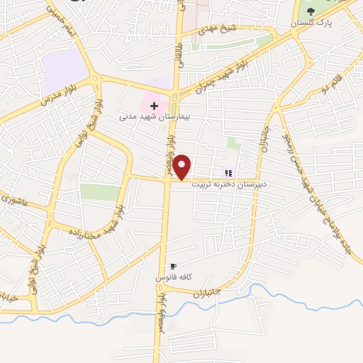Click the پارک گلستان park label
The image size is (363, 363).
coord(315,23)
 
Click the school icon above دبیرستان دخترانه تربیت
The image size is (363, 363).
coord(228,172)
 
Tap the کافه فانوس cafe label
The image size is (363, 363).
coord(174,277)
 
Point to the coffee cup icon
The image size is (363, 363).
coord(174,266)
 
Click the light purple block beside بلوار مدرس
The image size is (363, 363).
coord(65,71)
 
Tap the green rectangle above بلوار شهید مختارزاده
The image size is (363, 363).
coord(100,191)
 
